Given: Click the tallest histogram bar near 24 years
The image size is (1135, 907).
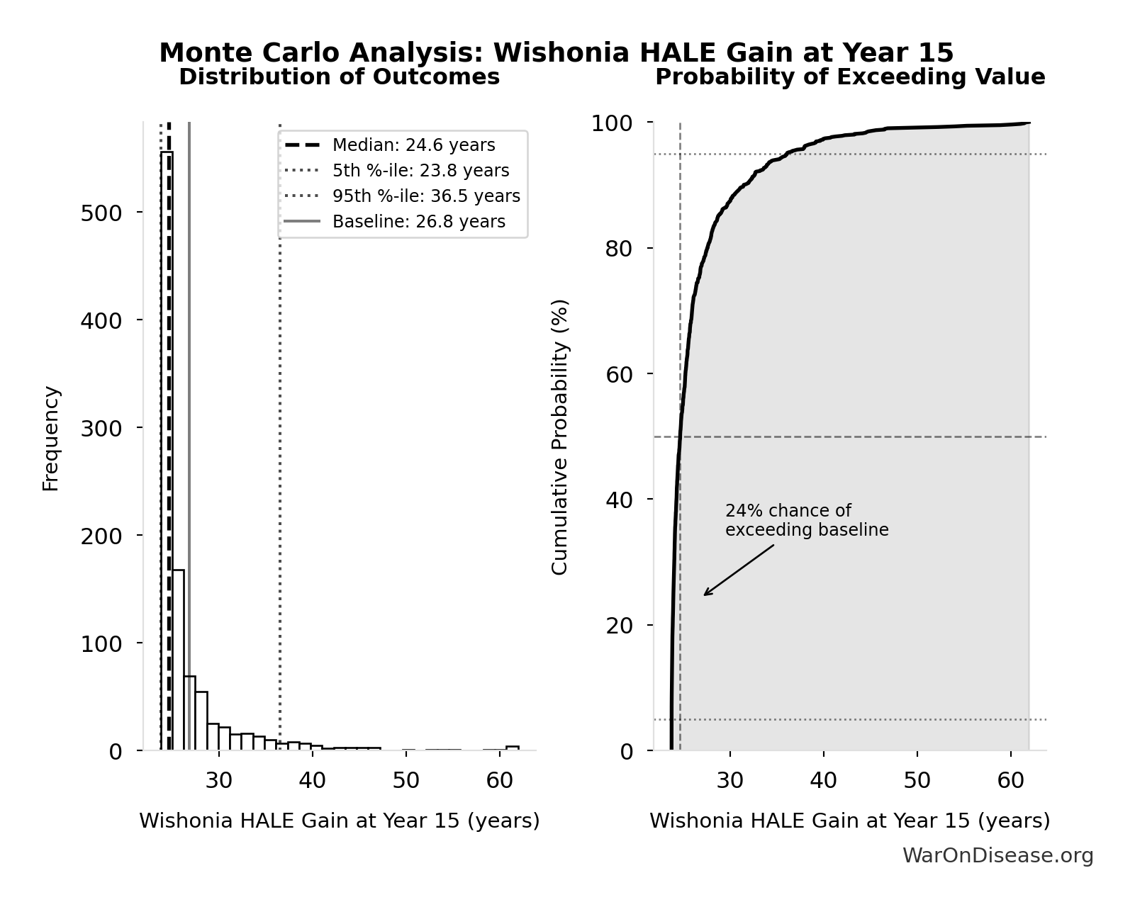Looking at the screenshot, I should (167, 453).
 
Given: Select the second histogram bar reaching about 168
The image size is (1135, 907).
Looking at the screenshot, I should (179, 659).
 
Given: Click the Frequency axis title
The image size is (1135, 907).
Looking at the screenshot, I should (51, 438).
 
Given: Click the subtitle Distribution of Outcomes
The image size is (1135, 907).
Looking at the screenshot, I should (339, 77).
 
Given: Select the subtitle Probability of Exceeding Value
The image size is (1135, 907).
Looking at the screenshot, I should (849, 77).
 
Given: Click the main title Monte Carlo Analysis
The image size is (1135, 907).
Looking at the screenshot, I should (556, 52).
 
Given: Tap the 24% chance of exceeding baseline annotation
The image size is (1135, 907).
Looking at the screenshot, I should (806, 520).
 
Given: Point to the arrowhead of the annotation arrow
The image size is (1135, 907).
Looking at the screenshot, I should (705, 595).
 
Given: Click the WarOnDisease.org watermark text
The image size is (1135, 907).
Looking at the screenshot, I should (997, 855).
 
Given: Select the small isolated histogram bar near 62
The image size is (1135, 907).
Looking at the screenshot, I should (512, 748).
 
